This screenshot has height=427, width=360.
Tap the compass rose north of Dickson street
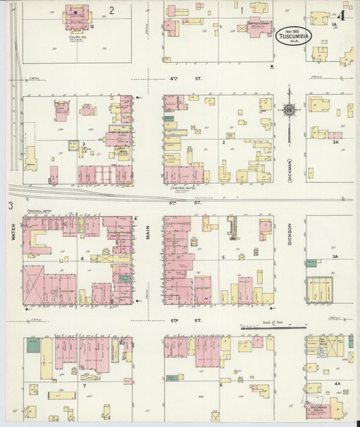click(x=288, y=110)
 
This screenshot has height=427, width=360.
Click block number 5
click(x=222, y=258)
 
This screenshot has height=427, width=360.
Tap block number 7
click(x=84, y=385)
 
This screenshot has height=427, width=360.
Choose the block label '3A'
click(x=334, y=257)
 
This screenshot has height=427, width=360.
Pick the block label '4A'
click(x=336, y=382)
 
